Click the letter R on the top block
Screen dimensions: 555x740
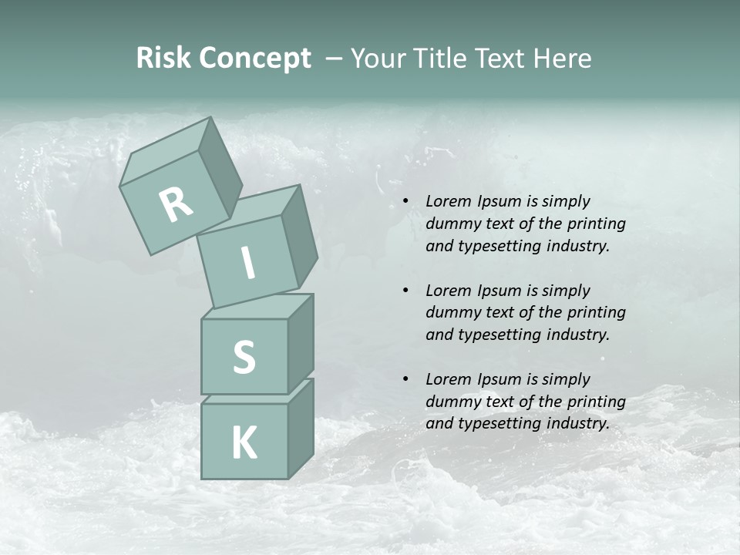177,204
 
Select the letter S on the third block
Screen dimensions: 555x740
244,357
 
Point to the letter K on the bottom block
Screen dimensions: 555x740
244,443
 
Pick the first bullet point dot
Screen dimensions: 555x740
405,202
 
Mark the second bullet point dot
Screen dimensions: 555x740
405,291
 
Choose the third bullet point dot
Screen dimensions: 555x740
405,379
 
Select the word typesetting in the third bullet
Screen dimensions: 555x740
499,423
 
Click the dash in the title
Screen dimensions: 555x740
335,59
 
